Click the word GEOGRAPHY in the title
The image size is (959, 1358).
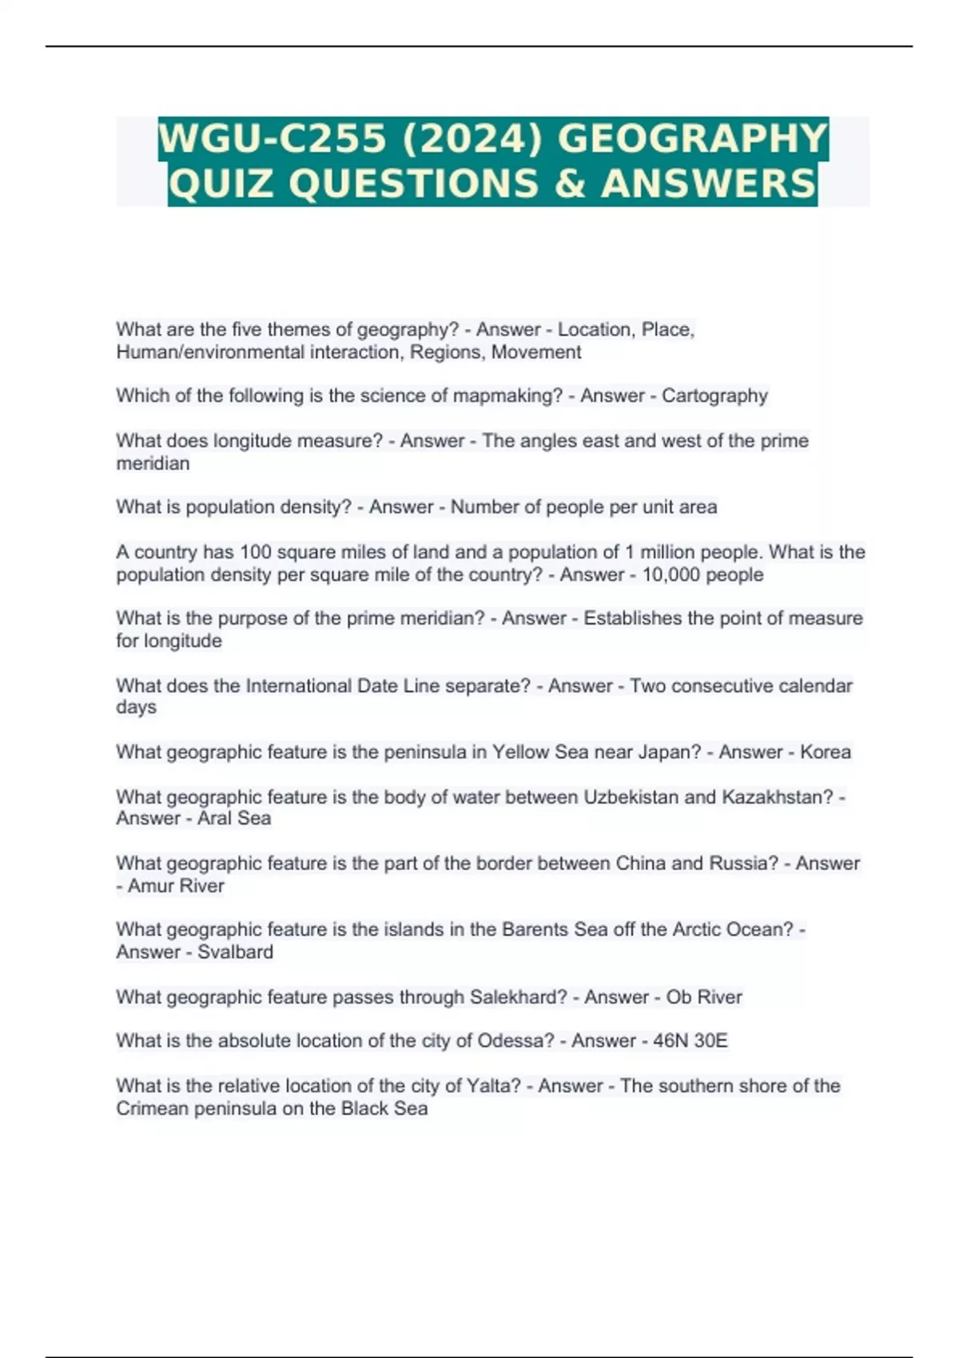[x=692, y=138]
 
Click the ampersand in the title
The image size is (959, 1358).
[x=569, y=184]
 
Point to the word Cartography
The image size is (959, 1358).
[x=714, y=395]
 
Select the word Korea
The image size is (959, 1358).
[x=826, y=752]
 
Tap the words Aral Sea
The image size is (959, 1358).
[x=234, y=818]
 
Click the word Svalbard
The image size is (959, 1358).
[x=235, y=951]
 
